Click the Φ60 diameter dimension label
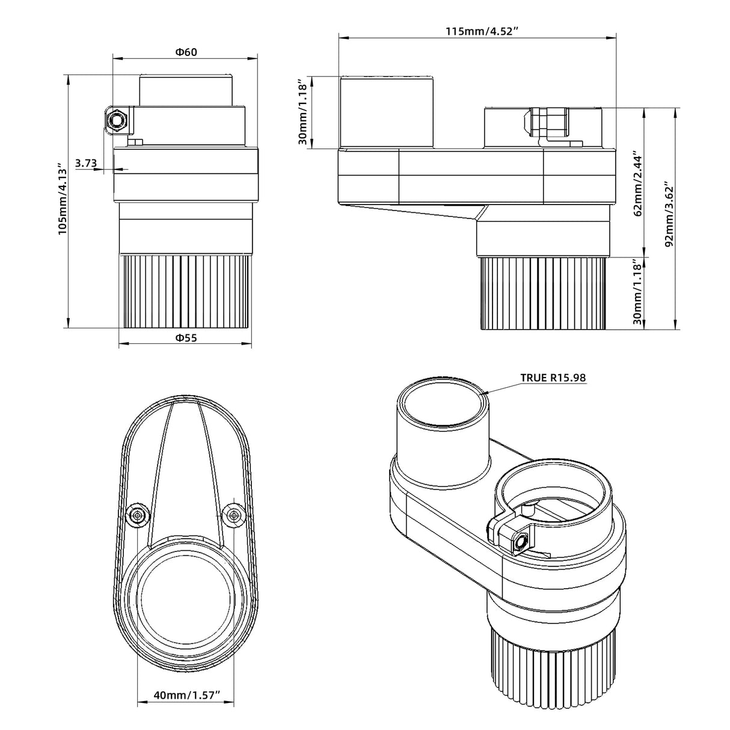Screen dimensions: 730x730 pyautogui.click(x=186, y=52)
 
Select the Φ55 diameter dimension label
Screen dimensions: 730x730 pyautogui.click(x=186, y=338)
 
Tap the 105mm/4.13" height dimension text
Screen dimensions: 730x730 pyautogui.click(x=62, y=199)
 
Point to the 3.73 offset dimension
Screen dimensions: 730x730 pyautogui.click(x=86, y=162)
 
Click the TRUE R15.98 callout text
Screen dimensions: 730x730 pyautogui.click(x=553, y=378)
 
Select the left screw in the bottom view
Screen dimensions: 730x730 pyautogui.click(x=139, y=515)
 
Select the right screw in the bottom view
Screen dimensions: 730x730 pyautogui.click(x=232, y=515)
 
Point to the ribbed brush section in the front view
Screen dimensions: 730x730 pyautogui.click(x=186, y=292)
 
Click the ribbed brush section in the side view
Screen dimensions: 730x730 pyautogui.click(x=543, y=293)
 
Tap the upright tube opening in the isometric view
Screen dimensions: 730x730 pyautogui.click(x=443, y=405)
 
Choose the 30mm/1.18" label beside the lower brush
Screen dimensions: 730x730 pyautogui.click(x=638, y=293)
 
